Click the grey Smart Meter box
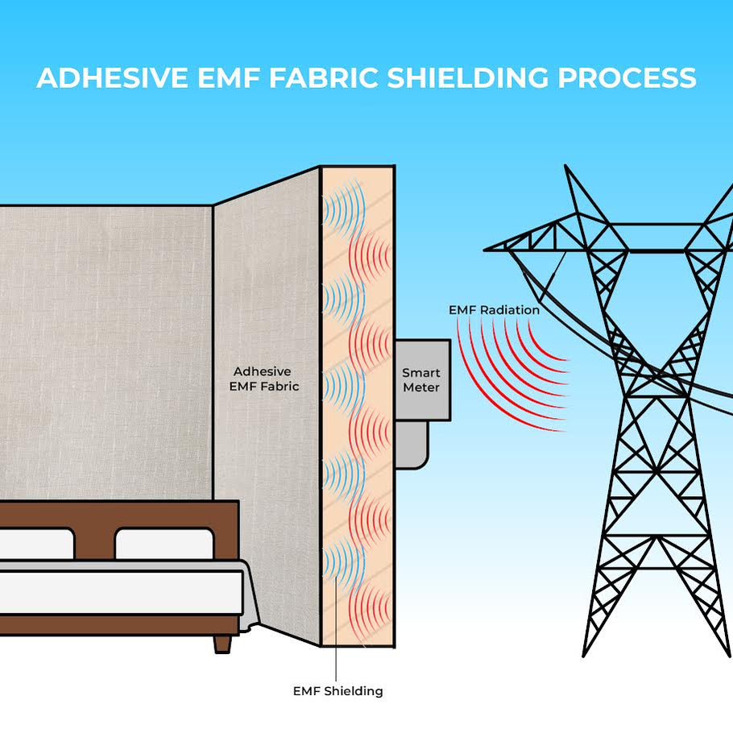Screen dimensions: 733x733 click(421, 379)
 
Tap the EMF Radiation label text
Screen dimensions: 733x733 click(494, 309)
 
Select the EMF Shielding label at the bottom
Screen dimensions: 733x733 click(338, 690)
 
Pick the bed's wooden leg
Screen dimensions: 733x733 click(222, 643)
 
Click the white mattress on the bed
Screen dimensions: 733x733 click(121, 592)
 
